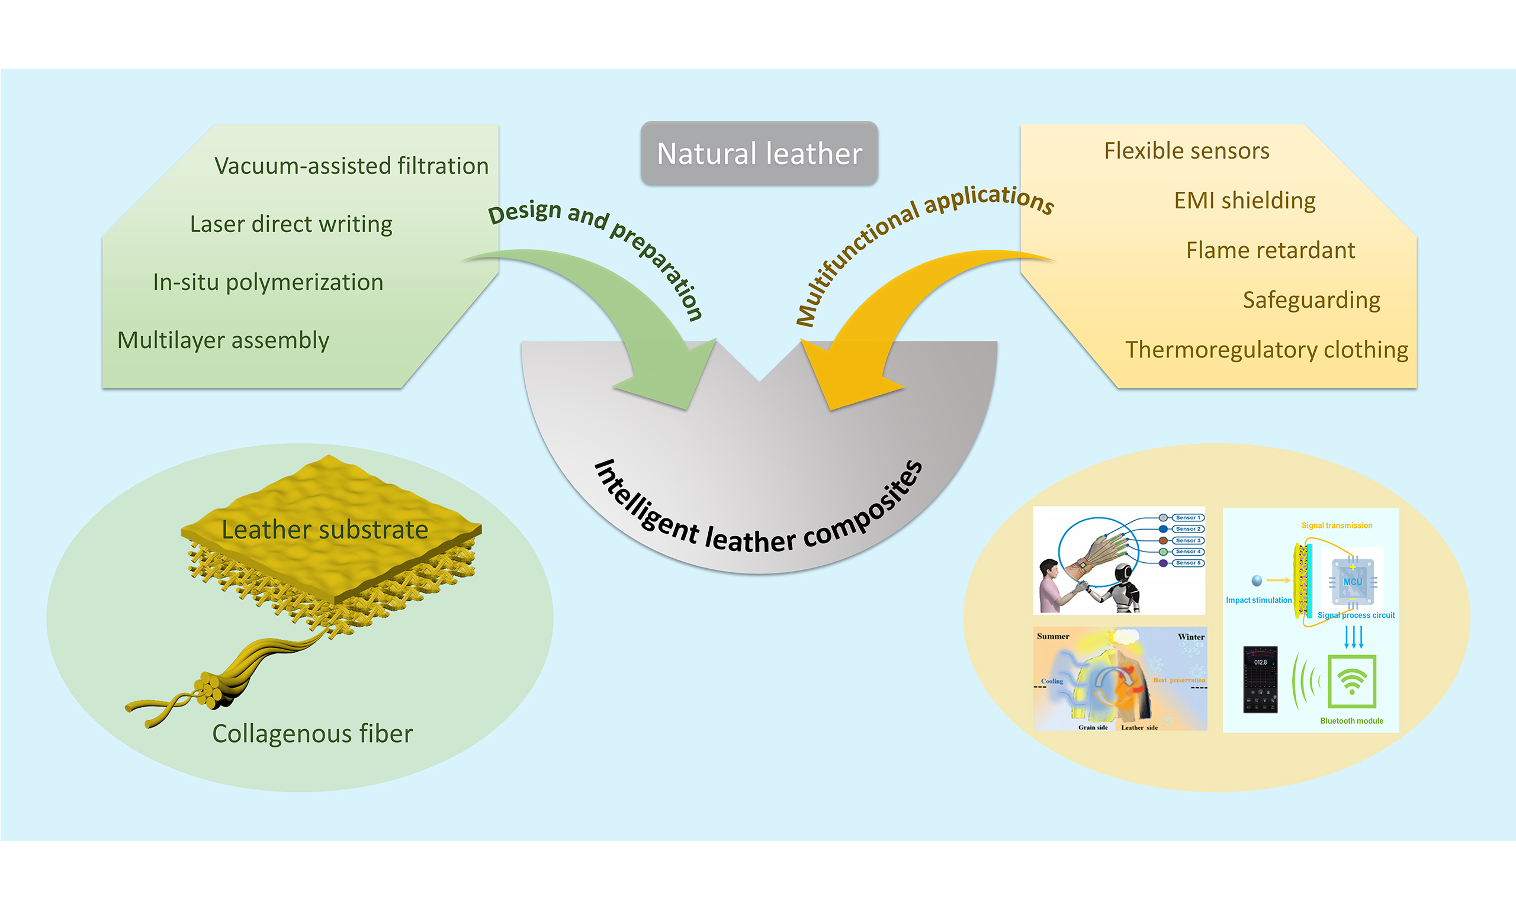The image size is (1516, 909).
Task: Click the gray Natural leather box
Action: tap(759, 153)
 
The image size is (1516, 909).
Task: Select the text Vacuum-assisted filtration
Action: tap(351, 166)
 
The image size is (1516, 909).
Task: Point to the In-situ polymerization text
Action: tap(268, 282)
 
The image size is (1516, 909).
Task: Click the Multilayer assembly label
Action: tap(223, 340)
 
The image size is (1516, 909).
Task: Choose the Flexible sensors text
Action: tap(1186, 151)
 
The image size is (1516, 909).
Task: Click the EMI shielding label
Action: tap(1244, 201)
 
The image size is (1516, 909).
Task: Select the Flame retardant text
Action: tap(1270, 250)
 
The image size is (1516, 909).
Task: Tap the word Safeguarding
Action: tap(1311, 300)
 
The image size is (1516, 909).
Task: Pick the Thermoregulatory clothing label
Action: tap(1266, 350)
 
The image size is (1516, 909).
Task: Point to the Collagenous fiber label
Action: tap(312, 734)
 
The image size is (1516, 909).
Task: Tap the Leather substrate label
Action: tap(324, 530)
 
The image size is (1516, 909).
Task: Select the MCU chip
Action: tap(1352, 581)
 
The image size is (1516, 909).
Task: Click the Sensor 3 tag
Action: tap(1187, 540)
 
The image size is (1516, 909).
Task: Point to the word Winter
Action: tap(1191, 637)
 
